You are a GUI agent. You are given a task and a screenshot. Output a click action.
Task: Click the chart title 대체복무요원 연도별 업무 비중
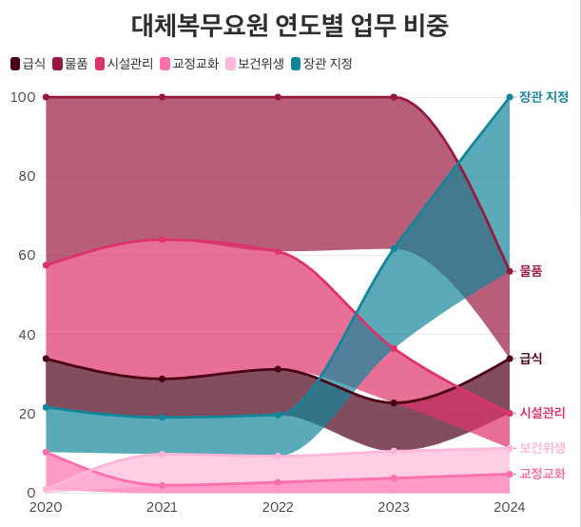[x=290, y=24]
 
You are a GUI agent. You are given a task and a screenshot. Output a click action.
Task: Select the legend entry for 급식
[x=28, y=64]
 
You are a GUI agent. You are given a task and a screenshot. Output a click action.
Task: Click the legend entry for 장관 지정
[x=320, y=64]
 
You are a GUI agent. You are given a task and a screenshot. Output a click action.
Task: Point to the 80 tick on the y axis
[x=26, y=176]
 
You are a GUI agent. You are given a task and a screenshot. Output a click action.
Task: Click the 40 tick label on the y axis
[x=26, y=335]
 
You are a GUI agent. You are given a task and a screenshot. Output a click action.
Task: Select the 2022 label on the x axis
[x=278, y=508]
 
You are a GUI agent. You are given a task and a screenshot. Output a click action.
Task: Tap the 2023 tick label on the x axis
[x=394, y=508]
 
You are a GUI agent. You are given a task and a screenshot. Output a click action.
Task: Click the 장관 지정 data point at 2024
[x=510, y=97]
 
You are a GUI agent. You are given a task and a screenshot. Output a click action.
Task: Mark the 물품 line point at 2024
[x=510, y=271]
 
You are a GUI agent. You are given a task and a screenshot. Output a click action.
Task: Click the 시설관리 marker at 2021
[x=162, y=240]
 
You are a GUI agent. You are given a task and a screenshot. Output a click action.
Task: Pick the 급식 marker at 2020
[x=46, y=359]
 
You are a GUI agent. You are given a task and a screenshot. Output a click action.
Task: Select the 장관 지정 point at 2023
[x=394, y=249]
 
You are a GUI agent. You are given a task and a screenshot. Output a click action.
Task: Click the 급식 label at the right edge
[x=531, y=359]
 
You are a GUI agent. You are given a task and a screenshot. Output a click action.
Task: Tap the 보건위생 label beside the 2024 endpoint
[x=542, y=447]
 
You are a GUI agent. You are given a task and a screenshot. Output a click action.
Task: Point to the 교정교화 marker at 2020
[x=46, y=452]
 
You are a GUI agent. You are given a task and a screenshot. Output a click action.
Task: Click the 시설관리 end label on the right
[x=542, y=413]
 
